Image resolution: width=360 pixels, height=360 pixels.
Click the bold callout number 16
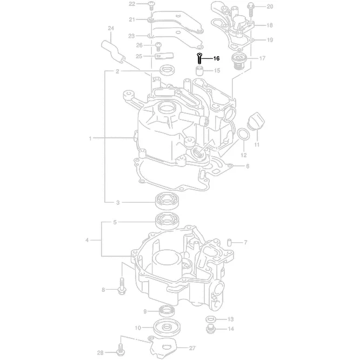coord(217,58)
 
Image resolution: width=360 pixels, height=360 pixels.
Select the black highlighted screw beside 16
coord(199,58)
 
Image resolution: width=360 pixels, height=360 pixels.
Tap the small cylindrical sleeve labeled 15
coord(199,70)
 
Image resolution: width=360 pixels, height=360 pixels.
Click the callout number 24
coord(111,28)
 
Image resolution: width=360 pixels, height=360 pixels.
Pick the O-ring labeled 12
coord(243,134)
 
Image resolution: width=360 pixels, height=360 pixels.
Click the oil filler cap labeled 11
coord(256,121)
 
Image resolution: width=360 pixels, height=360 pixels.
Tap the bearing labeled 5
coord(168,221)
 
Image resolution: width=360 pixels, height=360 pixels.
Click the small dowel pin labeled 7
coord(229,243)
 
